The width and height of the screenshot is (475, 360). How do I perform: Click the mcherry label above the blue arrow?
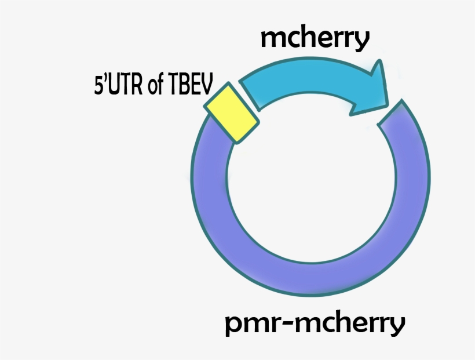click(x=315, y=39)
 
